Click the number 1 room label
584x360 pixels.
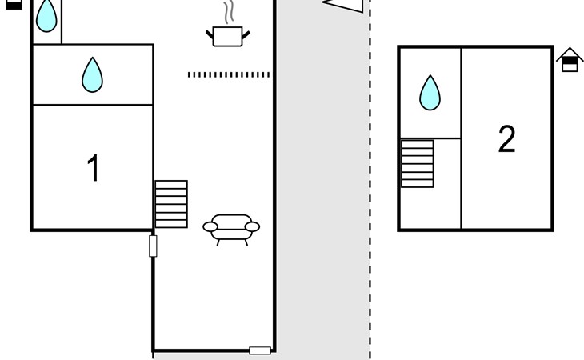[93, 169]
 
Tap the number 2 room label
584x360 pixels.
[506, 140]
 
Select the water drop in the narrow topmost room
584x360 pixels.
[47, 15]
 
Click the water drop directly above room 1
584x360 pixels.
[93, 74]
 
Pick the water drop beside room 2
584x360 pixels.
[430, 93]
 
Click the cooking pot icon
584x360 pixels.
[228, 35]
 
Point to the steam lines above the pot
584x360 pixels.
[229, 13]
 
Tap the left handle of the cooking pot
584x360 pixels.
[210, 33]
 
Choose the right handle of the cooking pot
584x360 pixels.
[246, 33]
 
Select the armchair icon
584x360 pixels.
[232, 227]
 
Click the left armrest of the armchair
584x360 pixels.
[211, 227]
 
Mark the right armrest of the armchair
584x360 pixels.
[252, 227]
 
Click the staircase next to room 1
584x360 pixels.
[171, 204]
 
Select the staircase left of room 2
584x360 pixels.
[417, 164]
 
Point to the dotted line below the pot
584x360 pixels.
[229, 74]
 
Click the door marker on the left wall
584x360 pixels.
[153, 246]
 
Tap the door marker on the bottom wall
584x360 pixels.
[259, 350]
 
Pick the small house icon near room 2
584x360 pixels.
[570, 60]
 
